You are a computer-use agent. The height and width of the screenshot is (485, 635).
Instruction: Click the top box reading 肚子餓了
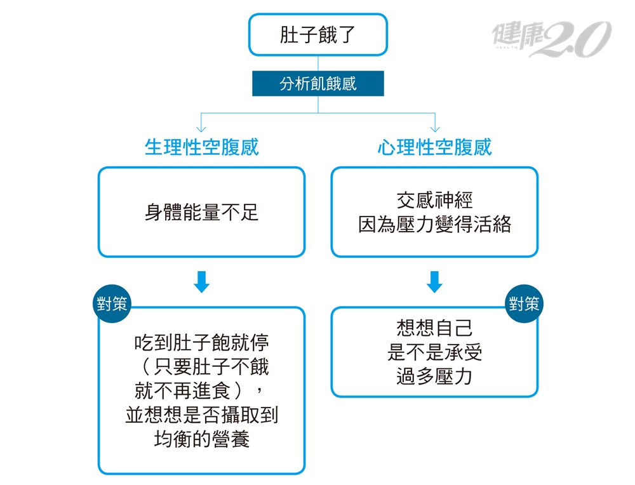click(317, 34)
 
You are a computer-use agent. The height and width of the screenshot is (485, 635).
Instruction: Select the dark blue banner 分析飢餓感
click(317, 83)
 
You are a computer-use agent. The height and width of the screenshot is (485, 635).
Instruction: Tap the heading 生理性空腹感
click(201, 148)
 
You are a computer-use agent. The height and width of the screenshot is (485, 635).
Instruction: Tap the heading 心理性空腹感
click(434, 148)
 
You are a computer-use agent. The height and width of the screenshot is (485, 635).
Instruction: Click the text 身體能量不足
click(201, 212)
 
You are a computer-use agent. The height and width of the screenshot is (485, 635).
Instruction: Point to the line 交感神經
click(434, 201)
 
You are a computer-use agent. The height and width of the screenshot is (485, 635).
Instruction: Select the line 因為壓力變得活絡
click(434, 225)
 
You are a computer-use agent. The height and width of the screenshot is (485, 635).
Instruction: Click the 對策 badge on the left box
click(112, 303)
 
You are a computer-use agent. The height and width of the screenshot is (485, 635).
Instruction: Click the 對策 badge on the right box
click(525, 303)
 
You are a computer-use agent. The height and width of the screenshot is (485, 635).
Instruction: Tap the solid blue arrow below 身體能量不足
click(201, 282)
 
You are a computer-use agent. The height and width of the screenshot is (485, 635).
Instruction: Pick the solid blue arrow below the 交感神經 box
click(434, 282)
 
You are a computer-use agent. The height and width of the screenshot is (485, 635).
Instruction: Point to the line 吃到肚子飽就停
click(201, 343)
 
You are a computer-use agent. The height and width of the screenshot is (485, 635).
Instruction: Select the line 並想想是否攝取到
click(201, 415)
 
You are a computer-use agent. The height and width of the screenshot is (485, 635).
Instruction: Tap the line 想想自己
click(434, 328)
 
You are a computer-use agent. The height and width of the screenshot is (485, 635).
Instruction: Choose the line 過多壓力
click(434, 376)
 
